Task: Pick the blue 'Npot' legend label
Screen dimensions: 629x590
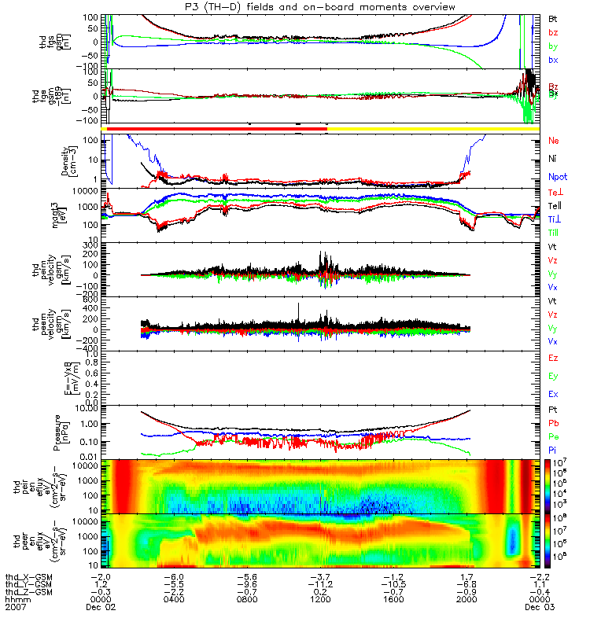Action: pos(557,178)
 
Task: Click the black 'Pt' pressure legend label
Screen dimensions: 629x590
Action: pos(553,410)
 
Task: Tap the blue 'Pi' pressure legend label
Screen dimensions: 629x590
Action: pos(553,449)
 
